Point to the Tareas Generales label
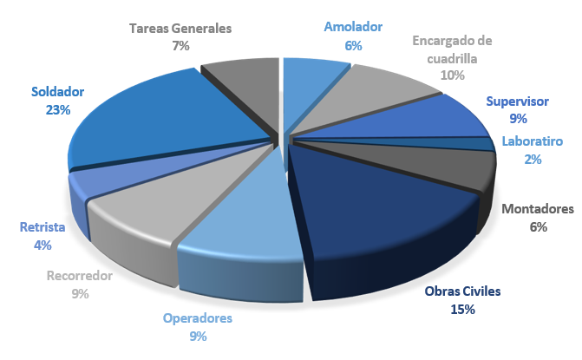pos(180,28)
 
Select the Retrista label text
pos(43,227)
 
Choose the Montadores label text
pos(538,209)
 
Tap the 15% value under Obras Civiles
pos(462,309)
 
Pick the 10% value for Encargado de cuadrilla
pos(452,75)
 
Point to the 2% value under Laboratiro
pos(532,159)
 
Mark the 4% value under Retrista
pos(43,245)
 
